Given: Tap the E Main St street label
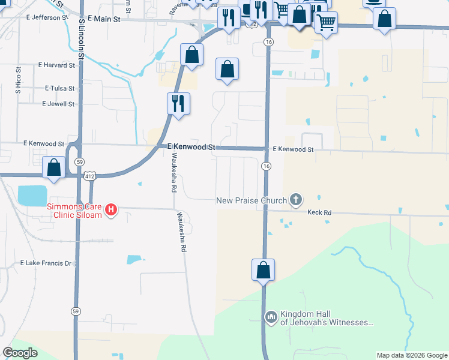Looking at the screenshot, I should (103, 19).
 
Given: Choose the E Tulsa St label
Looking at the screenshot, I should (59, 88).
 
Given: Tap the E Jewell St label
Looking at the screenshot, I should (58, 104).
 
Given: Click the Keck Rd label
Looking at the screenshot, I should (319, 212).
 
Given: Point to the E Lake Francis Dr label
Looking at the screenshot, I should (46, 263).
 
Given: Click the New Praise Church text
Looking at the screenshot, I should (252, 200).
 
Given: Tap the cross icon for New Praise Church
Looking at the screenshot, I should (295, 199).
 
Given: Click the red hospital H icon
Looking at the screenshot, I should (111, 209).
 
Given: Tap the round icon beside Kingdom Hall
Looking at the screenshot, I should (271, 316).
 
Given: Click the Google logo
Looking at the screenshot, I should (20, 353).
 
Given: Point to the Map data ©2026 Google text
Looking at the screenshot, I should (412, 355).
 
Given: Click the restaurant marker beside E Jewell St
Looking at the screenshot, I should (178, 103).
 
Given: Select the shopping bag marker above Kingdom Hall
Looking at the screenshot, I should (263, 270).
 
